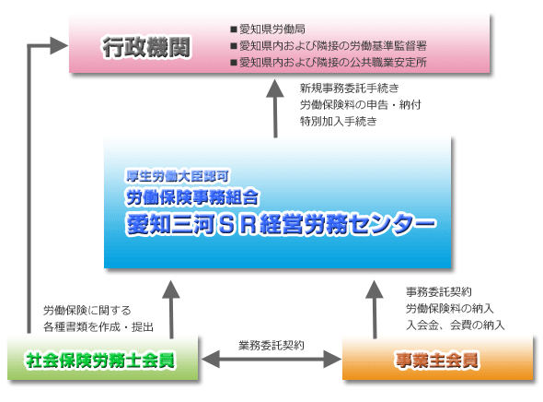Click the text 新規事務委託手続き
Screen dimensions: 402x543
(343, 89)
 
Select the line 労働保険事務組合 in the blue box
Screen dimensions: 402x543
(195, 196)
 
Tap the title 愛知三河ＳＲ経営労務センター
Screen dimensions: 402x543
(281, 223)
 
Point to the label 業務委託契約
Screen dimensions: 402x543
(271, 345)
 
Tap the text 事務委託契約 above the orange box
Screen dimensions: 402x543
(439, 291)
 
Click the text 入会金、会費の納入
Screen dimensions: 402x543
(455, 325)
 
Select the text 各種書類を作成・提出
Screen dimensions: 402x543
(98, 327)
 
